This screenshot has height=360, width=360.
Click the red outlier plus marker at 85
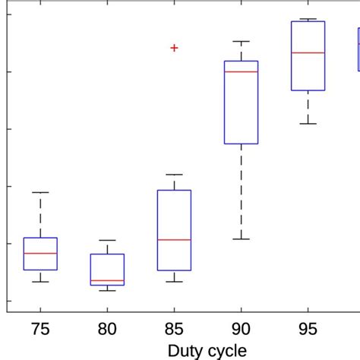coord(174,48)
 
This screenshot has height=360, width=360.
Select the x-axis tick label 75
coord(40,330)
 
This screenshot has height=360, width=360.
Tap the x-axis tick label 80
coord(107,330)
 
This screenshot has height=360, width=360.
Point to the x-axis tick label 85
coord(174,330)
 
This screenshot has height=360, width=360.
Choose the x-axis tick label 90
coord(241,330)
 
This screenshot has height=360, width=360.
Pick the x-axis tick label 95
coord(308,330)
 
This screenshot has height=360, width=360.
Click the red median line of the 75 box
coord(40,253)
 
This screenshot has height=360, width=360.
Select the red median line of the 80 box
coord(107,280)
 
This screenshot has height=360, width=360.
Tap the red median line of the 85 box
coord(174,239)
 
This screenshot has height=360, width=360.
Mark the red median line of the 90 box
coord(241,71)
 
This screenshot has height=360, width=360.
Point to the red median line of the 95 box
coord(308,52)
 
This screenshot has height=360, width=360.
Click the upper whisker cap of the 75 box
coord(40,192)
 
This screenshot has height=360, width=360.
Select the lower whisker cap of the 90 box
coord(241,239)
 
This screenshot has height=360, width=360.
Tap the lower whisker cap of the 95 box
coord(308,123)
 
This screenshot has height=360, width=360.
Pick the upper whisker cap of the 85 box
coord(174,174)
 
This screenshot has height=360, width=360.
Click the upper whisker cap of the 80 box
coord(107,240)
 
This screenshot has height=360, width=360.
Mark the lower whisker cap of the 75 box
coord(40,282)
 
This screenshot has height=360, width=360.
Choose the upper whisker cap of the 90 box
coord(241,41)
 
